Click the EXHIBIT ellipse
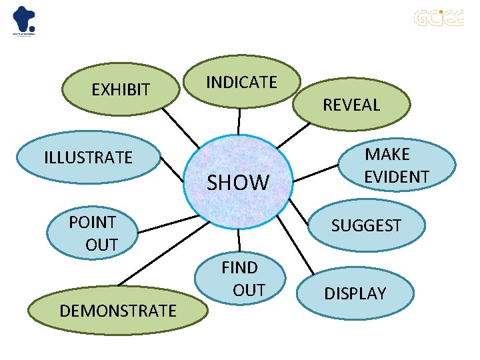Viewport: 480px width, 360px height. pyautogui.click(x=120, y=89)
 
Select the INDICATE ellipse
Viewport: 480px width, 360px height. pyautogui.click(x=241, y=82)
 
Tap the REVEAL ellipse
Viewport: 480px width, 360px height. pyautogui.click(x=351, y=104)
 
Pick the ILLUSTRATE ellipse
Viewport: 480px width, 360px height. pyautogui.click(x=88, y=158)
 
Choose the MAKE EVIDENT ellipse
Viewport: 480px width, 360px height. pyautogui.click(x=396, y=165)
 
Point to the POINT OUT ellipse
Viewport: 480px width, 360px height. pyautogui.click(x=93, y=233)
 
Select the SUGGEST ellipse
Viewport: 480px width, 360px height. pyautogui.click(x=366, y=225)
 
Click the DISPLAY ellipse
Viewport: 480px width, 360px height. pyautogui.click(x=355, y=293)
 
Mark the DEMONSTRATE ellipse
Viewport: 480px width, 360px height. pyautogui.click(x=117, y=310)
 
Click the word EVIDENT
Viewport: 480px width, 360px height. pyautogui.click(x=396, y=177)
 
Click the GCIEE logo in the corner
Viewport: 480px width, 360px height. pyautogui.click(x=437, y=17)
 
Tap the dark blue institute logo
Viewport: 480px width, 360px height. pyautogui.click(x=25, y=20)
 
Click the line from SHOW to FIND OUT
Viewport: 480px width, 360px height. pyautogui.click(x=239, y=243)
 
